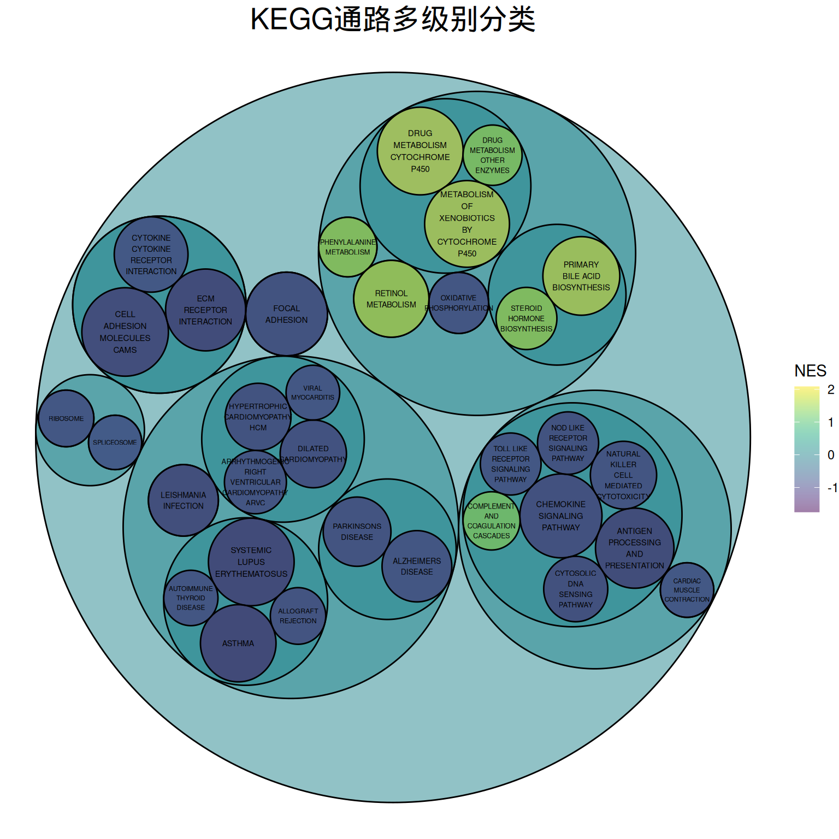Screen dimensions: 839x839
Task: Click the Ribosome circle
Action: pyautogui.click(x=66, y=418)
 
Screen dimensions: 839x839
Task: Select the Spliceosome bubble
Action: pyautogui.click(x=115, y=442)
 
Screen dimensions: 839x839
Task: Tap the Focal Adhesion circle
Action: pyautogui.click(x=287, y=314)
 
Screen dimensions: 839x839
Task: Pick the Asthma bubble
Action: pyautogui.click(x=238, y=643)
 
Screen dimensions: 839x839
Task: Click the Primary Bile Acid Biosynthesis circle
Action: pyautogui.click(x=581, y=276)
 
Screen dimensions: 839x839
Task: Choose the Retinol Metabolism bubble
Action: pyautogui.click(x=391, y=299)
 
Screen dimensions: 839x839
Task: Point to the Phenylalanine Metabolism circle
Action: pyautogui.click(x=348, y=247)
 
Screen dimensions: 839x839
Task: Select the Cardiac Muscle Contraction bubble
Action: pyautogui.click(x=687, y=590)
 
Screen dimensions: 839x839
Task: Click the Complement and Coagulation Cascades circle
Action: pyautogui.click(x=491, y=521)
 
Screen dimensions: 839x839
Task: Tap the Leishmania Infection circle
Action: pyautogui.click(x=183, y=500)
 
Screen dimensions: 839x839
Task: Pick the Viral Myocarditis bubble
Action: pyautogui.click(x=312, y=393)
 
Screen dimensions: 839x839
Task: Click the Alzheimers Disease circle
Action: pyautogui.click(x=417, y=566)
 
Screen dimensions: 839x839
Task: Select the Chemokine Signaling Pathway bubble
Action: pyautogui.click(x=561, y=516)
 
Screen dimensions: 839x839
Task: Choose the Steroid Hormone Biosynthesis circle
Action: pyautogui.click(x=526, y=318)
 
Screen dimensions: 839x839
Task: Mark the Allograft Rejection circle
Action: pyautogui.click(x=298, y=616)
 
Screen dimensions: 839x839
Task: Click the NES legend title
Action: pyautogui.click(x=810, y=371)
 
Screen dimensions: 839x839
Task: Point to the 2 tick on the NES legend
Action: pyautogui.click(x=831, y=389)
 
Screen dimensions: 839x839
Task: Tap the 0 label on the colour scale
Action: pyautogui.click(x=831, y=454)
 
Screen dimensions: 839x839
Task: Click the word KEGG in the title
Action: pyautogui.click(x=291, y=20)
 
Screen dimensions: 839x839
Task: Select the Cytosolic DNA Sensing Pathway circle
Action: pyautogui.click(x=576, y=589)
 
